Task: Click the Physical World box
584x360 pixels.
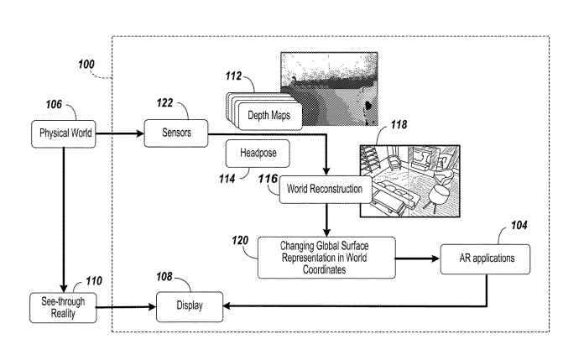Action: click(x=64, y=132)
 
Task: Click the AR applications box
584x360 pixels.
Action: click(x=488, y=258)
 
